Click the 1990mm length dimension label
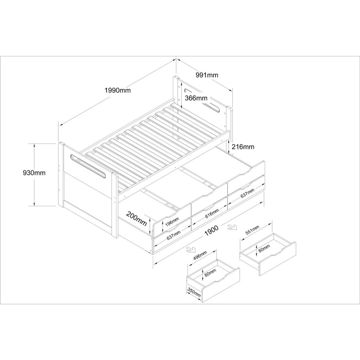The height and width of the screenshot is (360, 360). tap(118, 90)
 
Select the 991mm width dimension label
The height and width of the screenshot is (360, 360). tap(207, 75)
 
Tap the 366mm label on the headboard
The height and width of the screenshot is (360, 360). tap(196, 98)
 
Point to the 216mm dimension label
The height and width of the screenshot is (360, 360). tap(243, 147)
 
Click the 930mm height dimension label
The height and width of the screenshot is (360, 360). tap(34, 173)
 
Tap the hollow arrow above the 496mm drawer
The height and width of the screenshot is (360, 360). tap(190, 250)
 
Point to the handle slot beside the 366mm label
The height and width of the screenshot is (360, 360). tap(213, 108)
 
